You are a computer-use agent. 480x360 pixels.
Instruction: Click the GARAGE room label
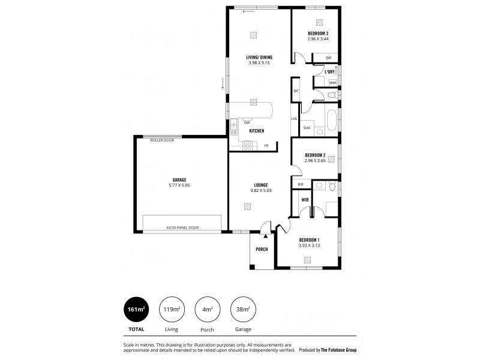point(179,179)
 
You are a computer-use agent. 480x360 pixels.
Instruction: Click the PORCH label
point(262,250)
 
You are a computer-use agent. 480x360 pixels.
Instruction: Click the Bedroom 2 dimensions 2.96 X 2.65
point(315,160)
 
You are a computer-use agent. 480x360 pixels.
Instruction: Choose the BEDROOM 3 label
point(318,34)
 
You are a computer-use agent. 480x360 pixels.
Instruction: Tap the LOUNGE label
point(260,185)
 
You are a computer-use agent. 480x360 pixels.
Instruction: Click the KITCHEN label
point(257,130)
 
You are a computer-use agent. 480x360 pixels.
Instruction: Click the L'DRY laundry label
point(329,72)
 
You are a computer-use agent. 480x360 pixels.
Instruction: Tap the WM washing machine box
point(332,82)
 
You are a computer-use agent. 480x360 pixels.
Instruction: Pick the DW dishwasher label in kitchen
point(247,122)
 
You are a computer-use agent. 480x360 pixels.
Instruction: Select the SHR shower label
point(307,128)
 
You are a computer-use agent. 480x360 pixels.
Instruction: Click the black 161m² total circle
point(136,309)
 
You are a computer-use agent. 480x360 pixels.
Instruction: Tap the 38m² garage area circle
point(242,309)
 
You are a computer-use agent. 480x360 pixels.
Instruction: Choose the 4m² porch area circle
point(207,309)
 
